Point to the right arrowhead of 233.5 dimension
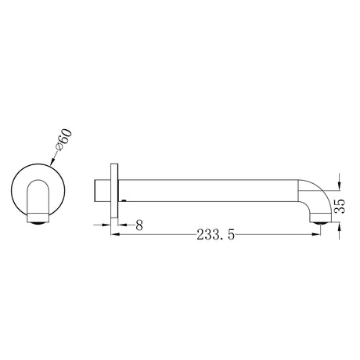(x=316, y=232)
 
